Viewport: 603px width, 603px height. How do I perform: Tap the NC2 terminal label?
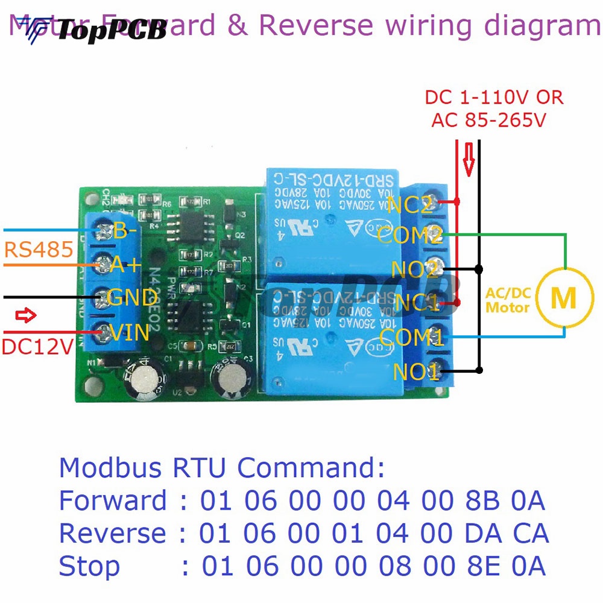pos(411,205)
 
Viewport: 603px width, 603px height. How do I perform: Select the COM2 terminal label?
pos(410,235)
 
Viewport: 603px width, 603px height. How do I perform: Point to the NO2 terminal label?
pos(414,268)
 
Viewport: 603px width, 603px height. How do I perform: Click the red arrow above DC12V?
pos(26,315)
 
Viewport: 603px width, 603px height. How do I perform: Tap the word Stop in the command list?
pos(89,566)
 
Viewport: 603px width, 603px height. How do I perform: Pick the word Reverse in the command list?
pos(112,534)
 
